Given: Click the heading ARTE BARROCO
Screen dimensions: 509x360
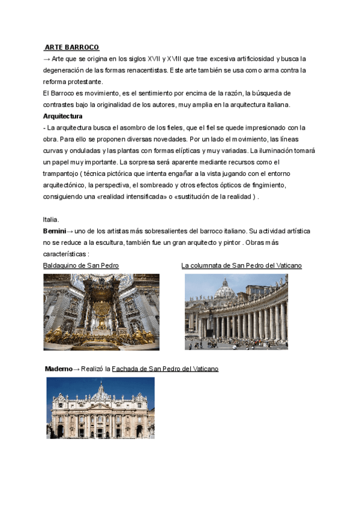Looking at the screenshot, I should [72, 47].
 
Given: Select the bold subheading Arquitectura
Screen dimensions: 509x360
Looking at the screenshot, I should [62, 116].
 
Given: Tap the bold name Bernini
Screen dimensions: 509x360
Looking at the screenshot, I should [54, 231].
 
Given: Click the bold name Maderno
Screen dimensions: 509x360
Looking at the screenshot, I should [58, 369].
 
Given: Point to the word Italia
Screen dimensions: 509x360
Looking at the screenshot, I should [51, 220].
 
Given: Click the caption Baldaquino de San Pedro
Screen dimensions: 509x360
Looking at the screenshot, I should [81, 265].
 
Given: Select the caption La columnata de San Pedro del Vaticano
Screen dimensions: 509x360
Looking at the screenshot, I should [241, 265].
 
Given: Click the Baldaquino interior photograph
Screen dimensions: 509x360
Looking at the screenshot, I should [101, 312].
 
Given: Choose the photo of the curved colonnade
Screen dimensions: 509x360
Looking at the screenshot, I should [236, 312].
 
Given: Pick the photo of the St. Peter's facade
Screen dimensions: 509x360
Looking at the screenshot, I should [100, 408].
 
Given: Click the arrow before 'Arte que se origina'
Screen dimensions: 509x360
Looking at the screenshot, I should [47, 59].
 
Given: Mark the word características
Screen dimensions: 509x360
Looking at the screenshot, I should [65, 254].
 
